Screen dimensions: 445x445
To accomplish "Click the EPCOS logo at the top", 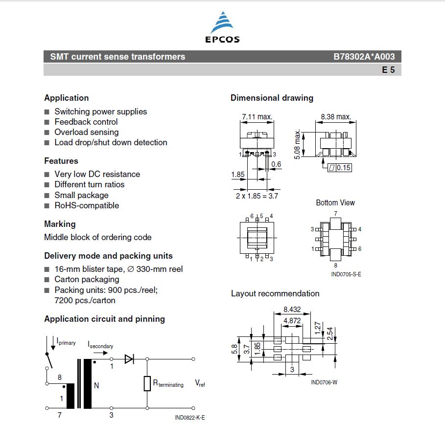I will tap(222, 28).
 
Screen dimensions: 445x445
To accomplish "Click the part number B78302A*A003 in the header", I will tap(364, 57).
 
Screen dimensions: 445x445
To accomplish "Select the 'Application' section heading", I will tap(67, 98).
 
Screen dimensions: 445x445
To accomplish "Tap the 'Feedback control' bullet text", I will tap(86, 122).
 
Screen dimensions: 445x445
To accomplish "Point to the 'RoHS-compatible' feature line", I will tap(87, 205).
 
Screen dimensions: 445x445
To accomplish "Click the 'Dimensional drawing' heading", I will tap(272, 98).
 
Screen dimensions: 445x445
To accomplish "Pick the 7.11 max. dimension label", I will tap(257, 117).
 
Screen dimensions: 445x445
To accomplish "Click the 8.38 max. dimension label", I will tap(336, 117).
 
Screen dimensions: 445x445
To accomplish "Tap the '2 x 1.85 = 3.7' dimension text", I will tap(257, 196).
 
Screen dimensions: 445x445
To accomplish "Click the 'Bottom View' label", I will tap(335, 202).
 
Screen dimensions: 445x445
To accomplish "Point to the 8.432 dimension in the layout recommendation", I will tap(292, 310).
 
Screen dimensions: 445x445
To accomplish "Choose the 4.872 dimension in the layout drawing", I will tap(292, 321).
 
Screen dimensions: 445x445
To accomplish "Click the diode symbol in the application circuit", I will tap(129, 359).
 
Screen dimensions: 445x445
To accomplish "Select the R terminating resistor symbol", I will tap(147, 384).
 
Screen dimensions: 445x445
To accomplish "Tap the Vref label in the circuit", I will tap(200, 384).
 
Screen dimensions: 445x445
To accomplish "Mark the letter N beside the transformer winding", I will tap(96, 385).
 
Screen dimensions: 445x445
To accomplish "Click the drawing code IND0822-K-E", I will tap(189, 418).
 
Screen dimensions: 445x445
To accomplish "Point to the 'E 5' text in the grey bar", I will tap(388, 70).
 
